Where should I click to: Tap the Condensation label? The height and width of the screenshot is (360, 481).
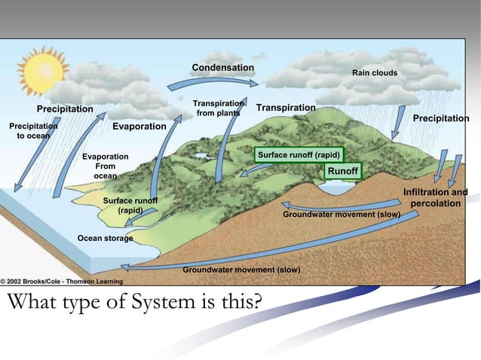[x=222, y=69]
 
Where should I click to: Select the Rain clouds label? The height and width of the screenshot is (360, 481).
[x=375, y=73]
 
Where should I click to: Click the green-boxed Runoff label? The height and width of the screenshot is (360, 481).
[x=342, y=172]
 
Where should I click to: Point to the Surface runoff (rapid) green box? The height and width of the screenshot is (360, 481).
[x=299, y=155]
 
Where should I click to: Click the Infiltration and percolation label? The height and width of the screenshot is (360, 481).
[x=436, y=199]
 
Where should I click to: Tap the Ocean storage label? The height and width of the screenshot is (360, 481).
[x=105, y=239]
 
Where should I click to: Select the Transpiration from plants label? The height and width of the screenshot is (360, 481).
[x=218, y=108]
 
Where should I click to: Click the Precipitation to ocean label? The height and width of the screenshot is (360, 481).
[x=32, y=131]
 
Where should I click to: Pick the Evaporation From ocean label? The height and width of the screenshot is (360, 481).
[x=105, y=166]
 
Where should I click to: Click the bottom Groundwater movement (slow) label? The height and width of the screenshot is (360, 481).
[x=241, y=270]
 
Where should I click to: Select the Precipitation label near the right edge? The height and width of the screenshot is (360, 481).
[x=440, y=119]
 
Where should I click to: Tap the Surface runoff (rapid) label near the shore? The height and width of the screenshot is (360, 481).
[x=130, y=206]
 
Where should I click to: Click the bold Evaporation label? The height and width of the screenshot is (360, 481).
[x=139, y=127]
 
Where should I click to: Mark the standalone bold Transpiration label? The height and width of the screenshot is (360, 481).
[x=285, y=108]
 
